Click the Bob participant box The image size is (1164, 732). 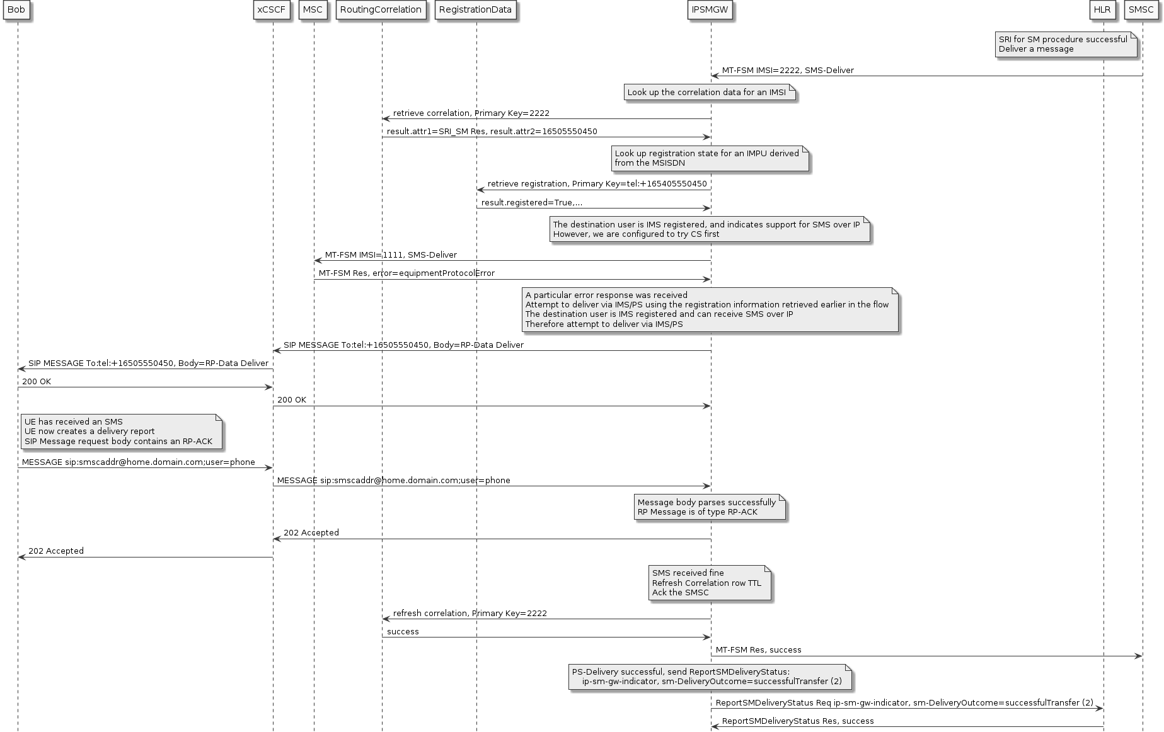(16, 10)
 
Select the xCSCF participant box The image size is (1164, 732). (272, 10)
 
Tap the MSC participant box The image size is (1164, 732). (313, 10)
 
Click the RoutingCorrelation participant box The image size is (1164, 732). (381, 10)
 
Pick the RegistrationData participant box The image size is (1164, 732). (476, 10)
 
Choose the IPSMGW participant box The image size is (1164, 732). (710, 10)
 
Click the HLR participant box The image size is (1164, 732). (1102, 10)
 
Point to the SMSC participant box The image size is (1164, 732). (1141, 10)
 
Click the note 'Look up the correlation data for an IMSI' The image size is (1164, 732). (709, 93)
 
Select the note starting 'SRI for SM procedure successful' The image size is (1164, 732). (1066, 44)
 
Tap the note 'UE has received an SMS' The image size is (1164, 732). (120, 432)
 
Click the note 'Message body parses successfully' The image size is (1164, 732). (710, 507)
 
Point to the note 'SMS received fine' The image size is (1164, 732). (709, 583)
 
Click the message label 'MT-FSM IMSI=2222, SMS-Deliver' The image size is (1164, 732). (788, 71)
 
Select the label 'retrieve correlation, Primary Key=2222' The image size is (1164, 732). (471, 113)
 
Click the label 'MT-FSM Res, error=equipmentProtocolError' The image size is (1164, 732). (406, 273)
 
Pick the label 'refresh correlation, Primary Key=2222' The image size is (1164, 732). (470, 614)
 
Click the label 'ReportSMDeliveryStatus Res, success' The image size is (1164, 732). (797, 721)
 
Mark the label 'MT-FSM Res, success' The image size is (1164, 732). (758, 650)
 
